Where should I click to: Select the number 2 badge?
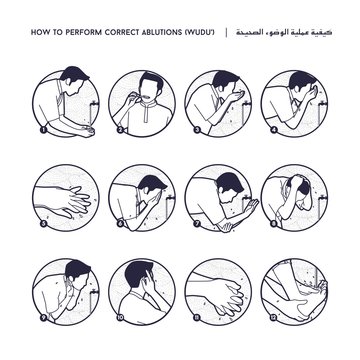[120, 130]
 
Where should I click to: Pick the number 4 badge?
[271, 130]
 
